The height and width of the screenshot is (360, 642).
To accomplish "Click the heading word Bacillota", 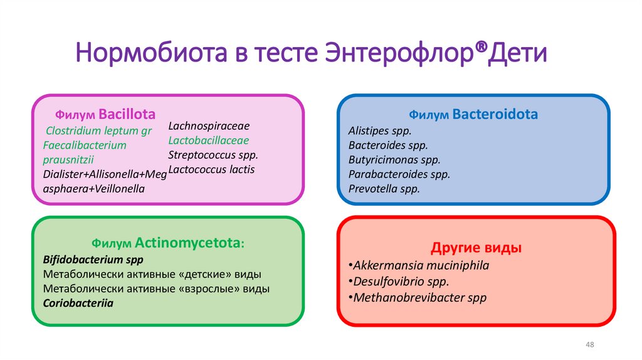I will tap(127, 115).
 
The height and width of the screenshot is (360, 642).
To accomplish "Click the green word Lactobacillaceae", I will tap(209, 140).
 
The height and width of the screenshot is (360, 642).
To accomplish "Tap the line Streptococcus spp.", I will tap(213, 155).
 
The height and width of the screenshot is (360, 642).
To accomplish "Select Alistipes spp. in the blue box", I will tap(380, 132).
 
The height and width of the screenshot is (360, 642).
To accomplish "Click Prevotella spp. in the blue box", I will tap(384, 189).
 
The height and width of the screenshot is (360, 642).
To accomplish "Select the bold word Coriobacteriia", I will tap(74, 303).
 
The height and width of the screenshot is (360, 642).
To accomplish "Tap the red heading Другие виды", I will tap(476, 247).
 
